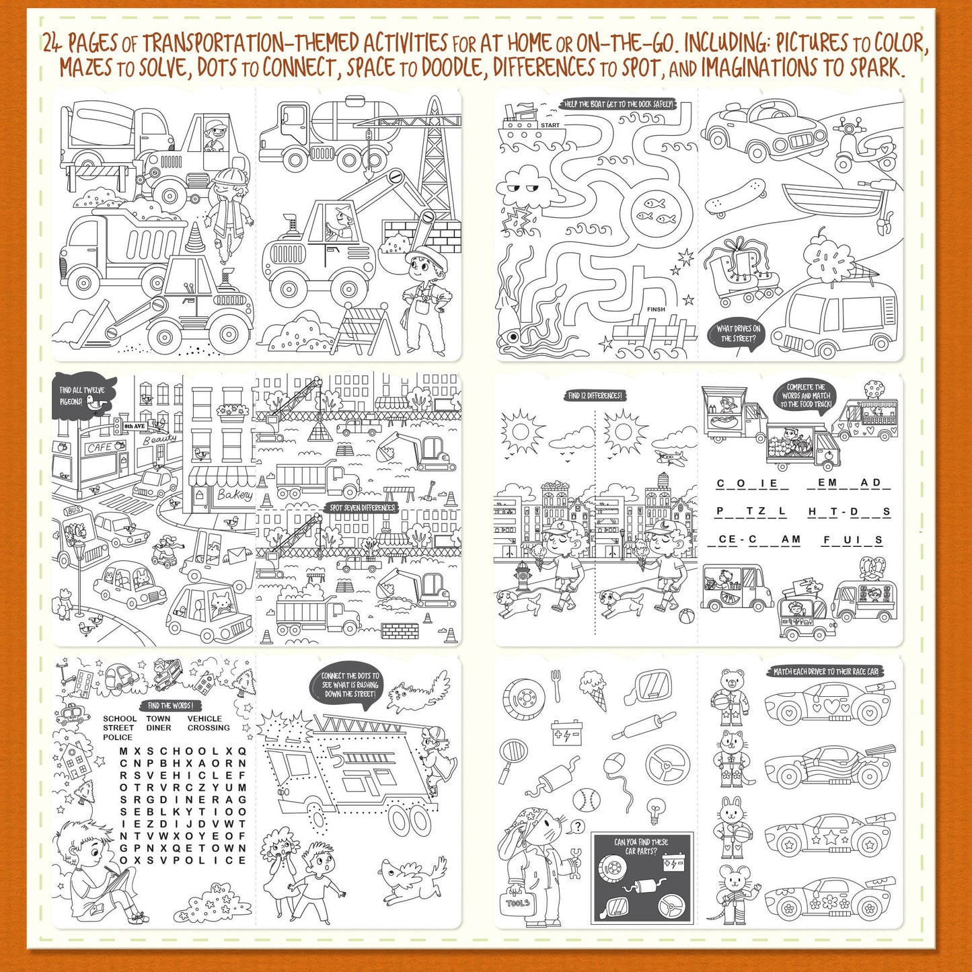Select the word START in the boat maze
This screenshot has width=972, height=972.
[550, 125]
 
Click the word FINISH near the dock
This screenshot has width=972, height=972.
[656, 309]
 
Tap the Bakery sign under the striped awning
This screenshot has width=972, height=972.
[234, 494]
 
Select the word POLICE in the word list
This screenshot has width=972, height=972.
[118, 737]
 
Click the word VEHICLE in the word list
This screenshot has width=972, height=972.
[204, 718]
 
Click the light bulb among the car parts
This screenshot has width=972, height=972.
[652, 810]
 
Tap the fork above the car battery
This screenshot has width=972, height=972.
[557, 685]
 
